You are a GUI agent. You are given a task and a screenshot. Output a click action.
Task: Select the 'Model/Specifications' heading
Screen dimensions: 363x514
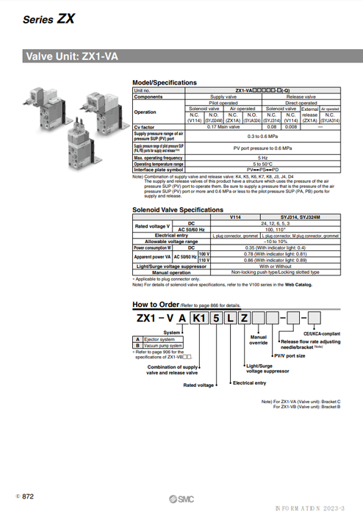pos(165,83)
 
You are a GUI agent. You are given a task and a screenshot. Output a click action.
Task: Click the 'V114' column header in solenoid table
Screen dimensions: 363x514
pos(236,218)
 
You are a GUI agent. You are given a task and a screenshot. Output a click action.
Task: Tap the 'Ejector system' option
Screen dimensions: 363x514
pos(160,339)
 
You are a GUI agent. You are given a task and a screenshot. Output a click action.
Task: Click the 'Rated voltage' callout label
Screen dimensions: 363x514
pos(198,385)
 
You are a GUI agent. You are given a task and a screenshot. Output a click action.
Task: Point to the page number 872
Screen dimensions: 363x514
pos(26,497)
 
